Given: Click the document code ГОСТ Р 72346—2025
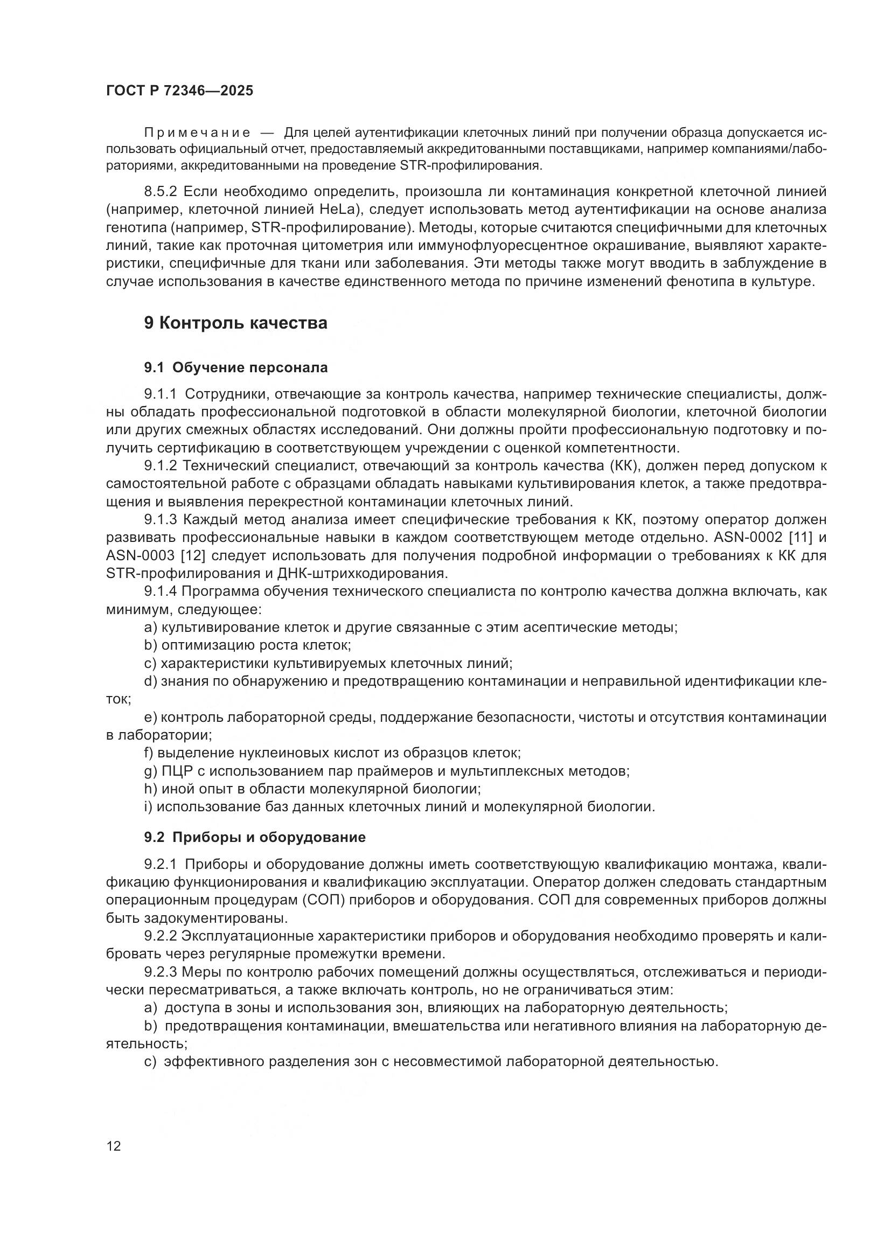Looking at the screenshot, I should pos(179,91).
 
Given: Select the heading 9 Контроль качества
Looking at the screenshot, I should pos(235,323).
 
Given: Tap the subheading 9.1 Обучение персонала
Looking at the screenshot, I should pos(236,368).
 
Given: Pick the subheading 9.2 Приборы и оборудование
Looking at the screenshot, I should pos(255,838).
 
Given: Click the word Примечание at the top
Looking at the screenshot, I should pos(197,133).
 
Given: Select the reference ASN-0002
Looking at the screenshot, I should pos(740,537).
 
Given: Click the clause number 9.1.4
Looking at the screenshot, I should pos(160,591).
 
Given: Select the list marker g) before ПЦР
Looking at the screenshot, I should pos(150,771).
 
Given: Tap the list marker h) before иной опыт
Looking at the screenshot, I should pos(150,789).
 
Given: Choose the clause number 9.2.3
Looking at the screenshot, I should pos(160,972).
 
